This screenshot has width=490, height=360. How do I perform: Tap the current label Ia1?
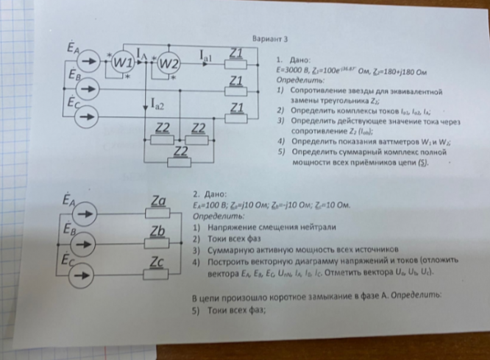click(207, 53)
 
